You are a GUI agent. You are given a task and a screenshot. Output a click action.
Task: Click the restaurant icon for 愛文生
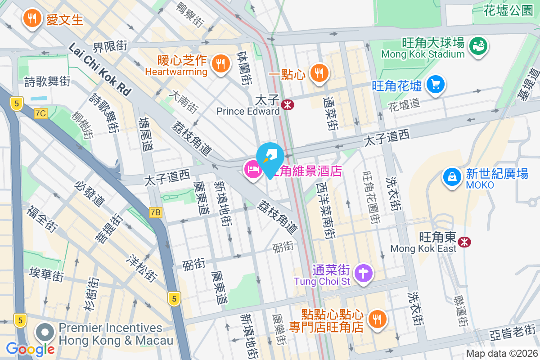31,19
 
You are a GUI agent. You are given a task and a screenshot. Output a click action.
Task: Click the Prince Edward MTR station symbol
287,104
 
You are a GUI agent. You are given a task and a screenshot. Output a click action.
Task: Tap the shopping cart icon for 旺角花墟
435,84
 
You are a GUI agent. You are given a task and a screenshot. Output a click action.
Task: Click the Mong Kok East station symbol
464,242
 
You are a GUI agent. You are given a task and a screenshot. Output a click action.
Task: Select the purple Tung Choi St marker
364,273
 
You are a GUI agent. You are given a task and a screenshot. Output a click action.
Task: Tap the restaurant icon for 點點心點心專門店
376,319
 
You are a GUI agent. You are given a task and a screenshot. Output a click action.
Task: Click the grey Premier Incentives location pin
45,333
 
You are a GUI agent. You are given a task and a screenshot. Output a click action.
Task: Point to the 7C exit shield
40,113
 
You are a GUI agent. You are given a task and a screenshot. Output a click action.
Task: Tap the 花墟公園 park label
508,11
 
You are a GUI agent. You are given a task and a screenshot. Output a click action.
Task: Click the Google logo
30,349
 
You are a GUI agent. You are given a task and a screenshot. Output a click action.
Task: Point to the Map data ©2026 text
502,354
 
